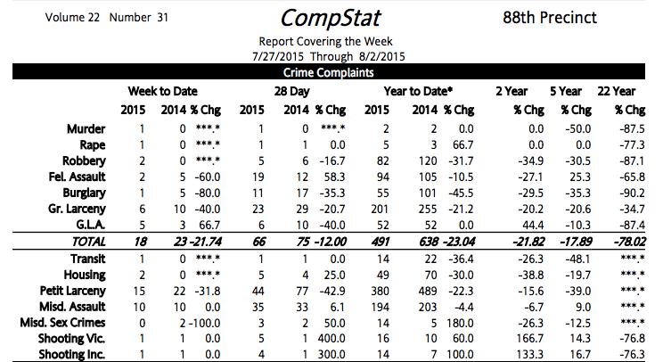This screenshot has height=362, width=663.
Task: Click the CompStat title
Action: pos(325,18)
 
